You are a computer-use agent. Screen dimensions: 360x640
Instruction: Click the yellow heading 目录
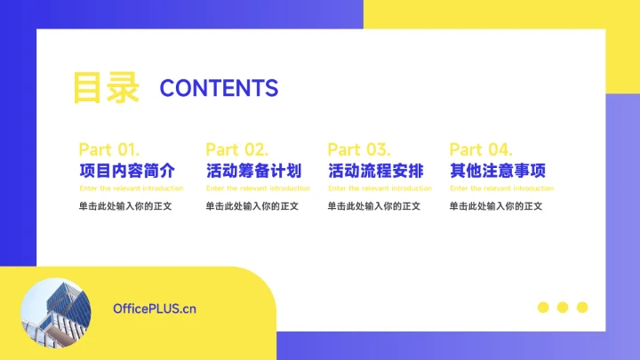coord(105,88)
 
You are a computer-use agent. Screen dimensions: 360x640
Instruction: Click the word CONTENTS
coord(219,88)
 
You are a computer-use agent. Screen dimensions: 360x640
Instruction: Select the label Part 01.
coord(108,149)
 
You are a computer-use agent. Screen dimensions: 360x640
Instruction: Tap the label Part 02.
coord(236,149)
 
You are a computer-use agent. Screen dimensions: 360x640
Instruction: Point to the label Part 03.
coord(358,149)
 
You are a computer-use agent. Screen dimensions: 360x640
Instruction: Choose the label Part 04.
coord(481,149)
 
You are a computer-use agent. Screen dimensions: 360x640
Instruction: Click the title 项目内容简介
coord(126,171)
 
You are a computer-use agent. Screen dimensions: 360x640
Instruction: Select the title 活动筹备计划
coord(253,171)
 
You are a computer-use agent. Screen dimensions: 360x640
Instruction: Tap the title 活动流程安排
coord(375,171)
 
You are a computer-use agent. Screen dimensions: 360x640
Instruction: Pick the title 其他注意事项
coord(497,171)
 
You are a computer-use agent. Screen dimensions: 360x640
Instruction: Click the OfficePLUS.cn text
coord(155,308)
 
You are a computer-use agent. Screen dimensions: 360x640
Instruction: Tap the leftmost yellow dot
coord(543,308)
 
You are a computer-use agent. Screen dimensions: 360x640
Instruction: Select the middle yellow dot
coord(563,308)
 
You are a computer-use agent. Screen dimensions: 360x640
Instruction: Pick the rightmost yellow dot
coord(582,308)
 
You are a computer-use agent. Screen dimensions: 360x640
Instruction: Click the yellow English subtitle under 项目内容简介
coord(132,188)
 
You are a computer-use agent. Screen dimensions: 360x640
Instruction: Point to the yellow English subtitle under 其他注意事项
coord(501,188)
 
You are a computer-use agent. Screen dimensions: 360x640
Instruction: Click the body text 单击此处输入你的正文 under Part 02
coord(252,206)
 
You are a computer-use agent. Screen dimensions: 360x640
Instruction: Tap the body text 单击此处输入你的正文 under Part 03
coord(373,206)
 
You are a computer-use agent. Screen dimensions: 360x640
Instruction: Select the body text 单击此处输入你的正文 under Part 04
coord(495,206)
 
